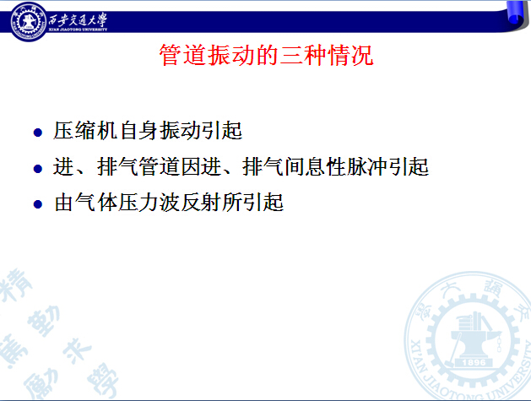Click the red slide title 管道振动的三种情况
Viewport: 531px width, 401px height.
point(266,55)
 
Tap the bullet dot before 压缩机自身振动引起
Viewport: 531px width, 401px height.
point(38,132)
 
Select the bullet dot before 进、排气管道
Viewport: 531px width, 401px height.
point(38,168)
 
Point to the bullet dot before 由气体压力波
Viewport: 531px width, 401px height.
point(38,204)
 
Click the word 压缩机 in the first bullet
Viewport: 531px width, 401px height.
point(85,130)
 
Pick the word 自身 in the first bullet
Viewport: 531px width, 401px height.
point(138,130)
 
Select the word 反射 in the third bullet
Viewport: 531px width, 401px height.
point(201,203)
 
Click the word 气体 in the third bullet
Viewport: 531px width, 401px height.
point(96,203)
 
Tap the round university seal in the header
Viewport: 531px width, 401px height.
point(29,21)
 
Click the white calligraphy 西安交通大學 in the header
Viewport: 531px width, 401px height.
point(78,19)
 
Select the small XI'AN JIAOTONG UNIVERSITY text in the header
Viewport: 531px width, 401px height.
point(78,30)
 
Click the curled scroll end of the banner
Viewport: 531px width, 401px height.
point(517,15)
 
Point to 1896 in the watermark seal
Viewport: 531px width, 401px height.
point(474,362)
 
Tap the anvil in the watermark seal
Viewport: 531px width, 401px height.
point(474,339)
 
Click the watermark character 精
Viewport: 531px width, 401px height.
point(16,284)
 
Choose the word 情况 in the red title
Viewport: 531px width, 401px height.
point(350,55)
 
